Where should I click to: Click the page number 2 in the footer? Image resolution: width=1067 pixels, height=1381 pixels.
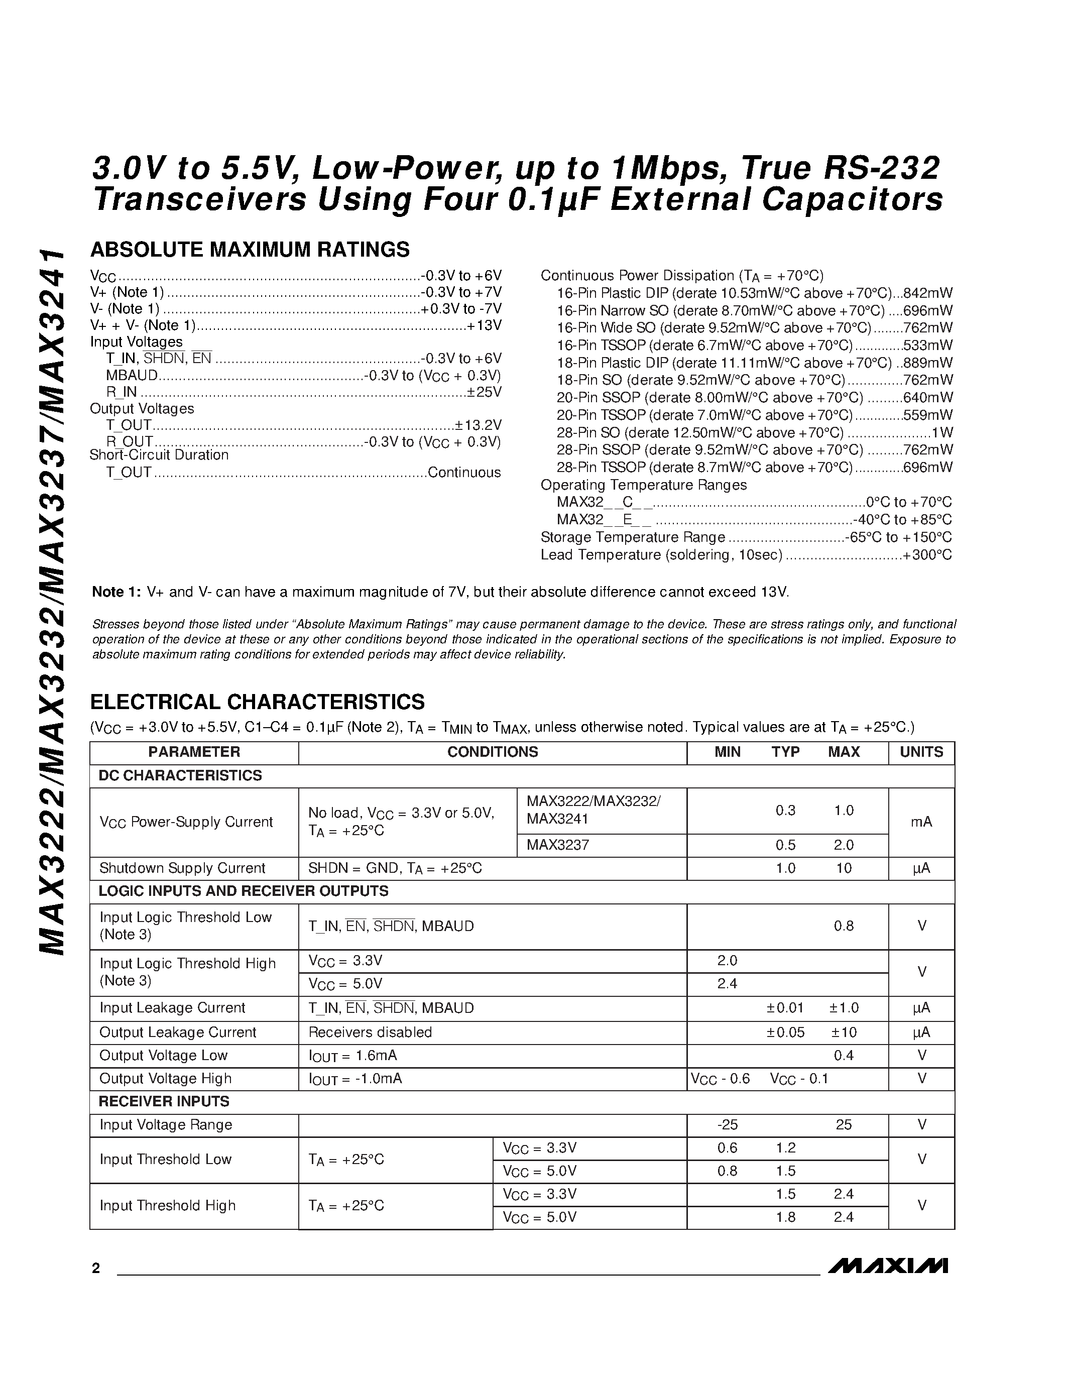pos(95,1268)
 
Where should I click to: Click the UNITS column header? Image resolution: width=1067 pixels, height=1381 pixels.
pos(921,752)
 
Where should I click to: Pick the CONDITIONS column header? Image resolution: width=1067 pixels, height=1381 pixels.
pos(493,752)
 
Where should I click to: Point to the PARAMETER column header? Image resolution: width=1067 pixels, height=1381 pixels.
pos(194,752)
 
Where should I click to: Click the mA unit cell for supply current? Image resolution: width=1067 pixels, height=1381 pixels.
pos(921,822)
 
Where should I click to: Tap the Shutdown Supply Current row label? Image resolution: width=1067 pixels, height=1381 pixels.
pos(182,868)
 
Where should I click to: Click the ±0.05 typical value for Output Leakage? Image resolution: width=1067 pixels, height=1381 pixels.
pos(785,1032)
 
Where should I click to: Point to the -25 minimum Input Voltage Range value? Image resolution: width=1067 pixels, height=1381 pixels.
pos(727,1124)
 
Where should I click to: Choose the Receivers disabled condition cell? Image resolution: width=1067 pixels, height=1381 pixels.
pos(370,1032)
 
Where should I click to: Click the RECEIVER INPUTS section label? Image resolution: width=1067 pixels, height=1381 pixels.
pos(164,1101)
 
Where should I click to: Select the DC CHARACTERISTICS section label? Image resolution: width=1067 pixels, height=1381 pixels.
pos(180,775)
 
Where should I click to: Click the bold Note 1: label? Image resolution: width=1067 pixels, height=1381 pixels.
pos(116,592)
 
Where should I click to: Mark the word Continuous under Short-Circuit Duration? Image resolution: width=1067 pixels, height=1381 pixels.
pos(464,473)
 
